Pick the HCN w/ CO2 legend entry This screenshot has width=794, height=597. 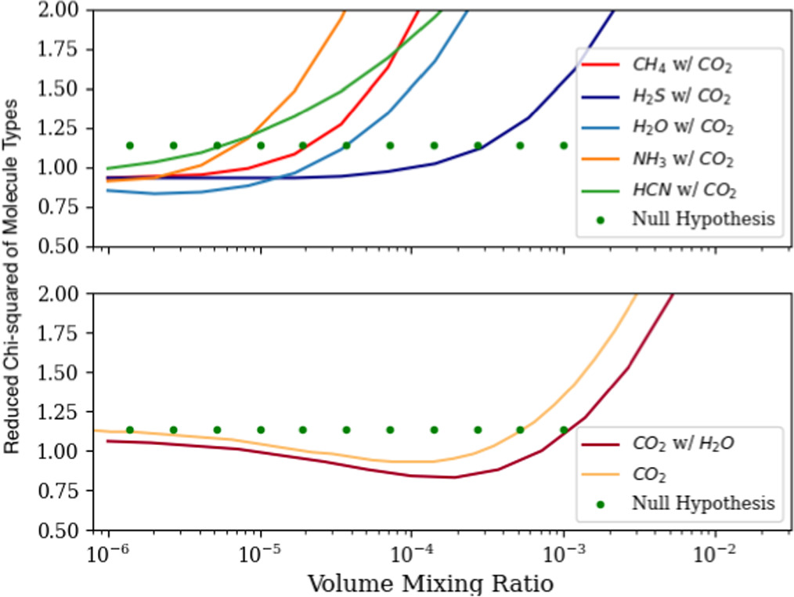(x=682, y=190)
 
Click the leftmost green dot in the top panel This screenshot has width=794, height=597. (x=130, y=145)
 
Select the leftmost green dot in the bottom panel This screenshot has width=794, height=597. (x=130, y=429)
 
